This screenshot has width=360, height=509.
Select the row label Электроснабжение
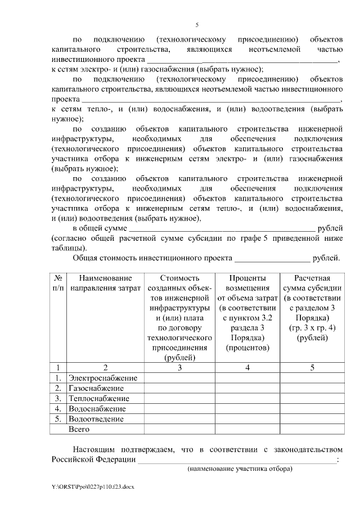click(x=102, y=377)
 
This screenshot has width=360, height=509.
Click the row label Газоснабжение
click(x=96, y=388)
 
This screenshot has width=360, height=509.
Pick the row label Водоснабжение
click(x=96, y=408)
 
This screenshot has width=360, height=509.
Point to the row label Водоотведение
click(x=96, y=418)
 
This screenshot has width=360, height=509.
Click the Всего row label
click(x=79, y=429)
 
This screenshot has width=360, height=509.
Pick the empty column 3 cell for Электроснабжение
click(x=179, y=377)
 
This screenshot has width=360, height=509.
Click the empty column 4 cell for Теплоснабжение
click(x=248, y=398)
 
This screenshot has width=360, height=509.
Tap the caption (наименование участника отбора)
click(x=240, y=469)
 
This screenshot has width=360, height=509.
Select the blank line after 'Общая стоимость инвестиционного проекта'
click(x=272, y=259)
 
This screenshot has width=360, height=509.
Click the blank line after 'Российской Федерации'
click(x=237, y=460)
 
